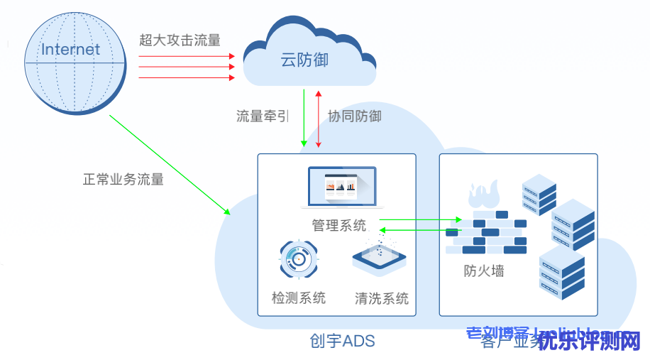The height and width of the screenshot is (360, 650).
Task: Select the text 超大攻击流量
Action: coord(180,40)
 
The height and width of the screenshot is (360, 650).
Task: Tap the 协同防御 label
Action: coord(354,116)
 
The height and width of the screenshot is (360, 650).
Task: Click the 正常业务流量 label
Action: coord(123,179)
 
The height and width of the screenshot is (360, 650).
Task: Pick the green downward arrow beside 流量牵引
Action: coord(304,117)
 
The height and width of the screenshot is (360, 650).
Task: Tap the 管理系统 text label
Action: coord(339,226)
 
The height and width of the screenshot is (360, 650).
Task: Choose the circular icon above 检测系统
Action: coord(299,261)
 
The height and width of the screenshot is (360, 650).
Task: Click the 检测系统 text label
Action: coord(299,298)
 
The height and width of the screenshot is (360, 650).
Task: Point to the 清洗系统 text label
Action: coord(382,298)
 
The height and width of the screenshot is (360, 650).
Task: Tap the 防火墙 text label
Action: coord(484,271)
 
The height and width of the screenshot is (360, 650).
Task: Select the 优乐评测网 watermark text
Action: coord(589,342)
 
